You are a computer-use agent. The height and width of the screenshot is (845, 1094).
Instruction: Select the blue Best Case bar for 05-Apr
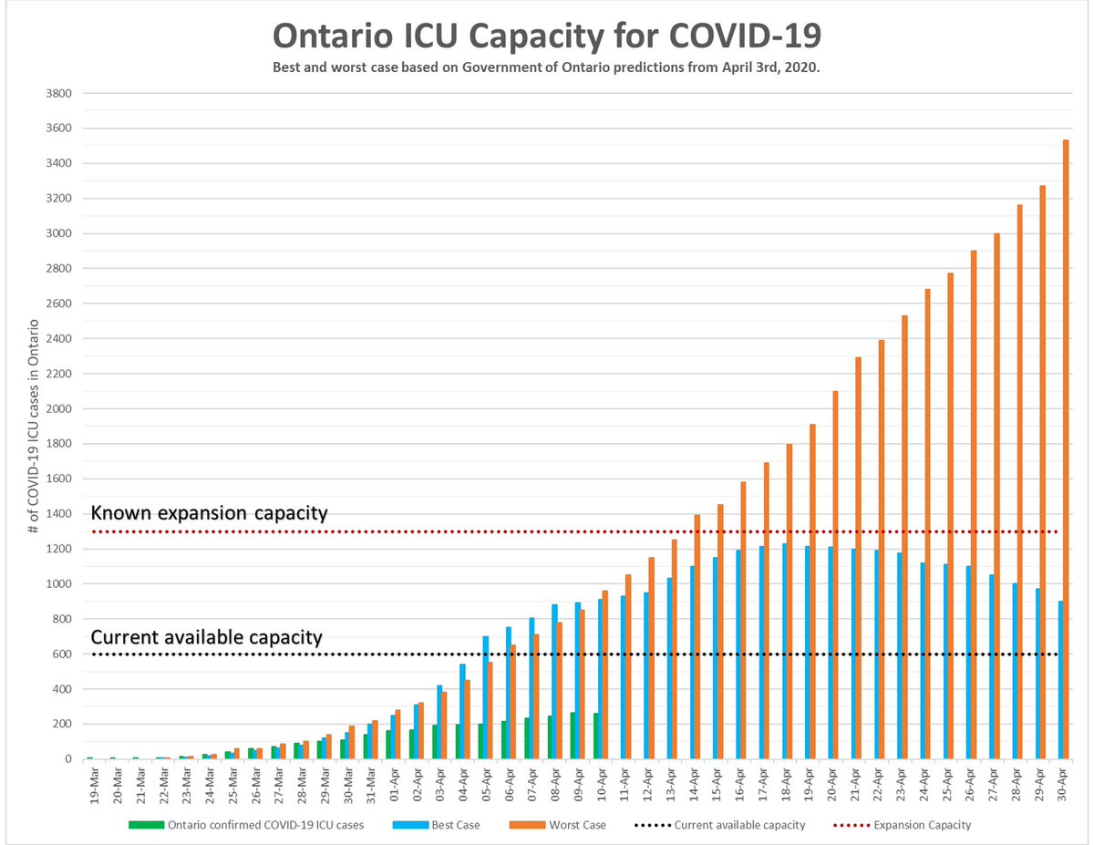click(x=486, y=697)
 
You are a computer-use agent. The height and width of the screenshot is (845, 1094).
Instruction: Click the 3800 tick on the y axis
click(x=59, y=94)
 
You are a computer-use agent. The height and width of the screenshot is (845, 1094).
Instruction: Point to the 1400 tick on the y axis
click(x=59, y=514)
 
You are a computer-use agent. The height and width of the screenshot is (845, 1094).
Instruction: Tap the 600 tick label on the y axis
click(x=63, y=654)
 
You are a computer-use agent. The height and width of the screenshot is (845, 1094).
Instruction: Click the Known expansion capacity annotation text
click(x=209, y=513)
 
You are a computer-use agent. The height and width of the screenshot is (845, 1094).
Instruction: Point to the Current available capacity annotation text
click(x=207, y=637)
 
